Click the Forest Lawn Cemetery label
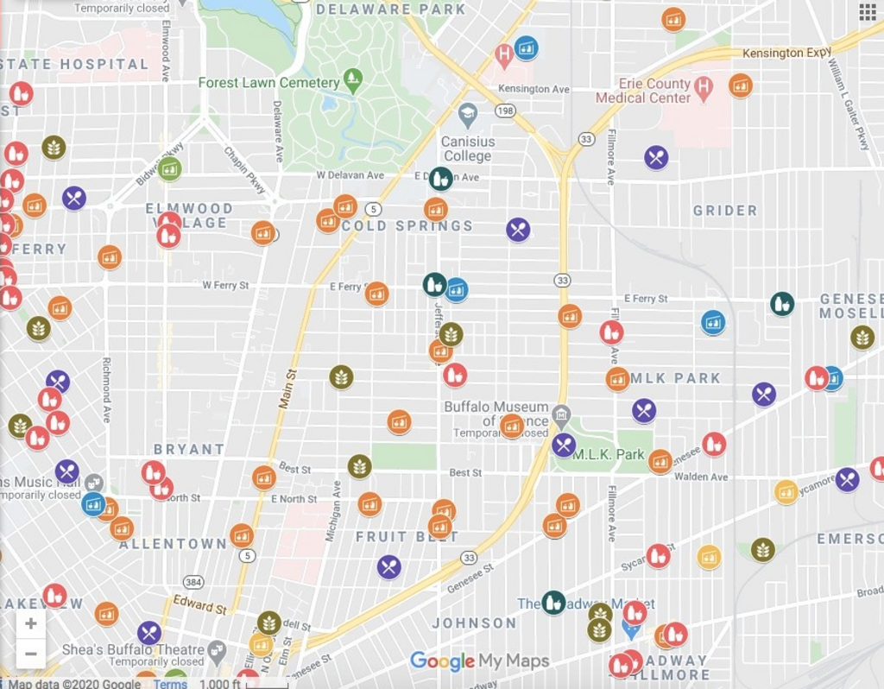pyautogui.click(x=268, y=83)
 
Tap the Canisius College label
pyautogui.click(x=467, y=149)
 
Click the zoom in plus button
pyautogui.click(x=30, y=623)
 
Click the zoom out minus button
pyautogui.click(x=30, y=653)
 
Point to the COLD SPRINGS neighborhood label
pyautogui.click(x=407, y=226)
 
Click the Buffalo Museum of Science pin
pyautogui.click(x=561, y=414)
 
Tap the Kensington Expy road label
pyautogui.click(x=786, y=54)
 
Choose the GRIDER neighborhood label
pyautogui.click(x=725, y=211)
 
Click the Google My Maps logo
pyautogui.click(x=479, y=661)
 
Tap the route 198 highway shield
pyautogui.click(x=505, y=111)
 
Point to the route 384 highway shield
pyautogui.click(x=193, y=584)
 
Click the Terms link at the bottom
pyautogui.click(x=170, y=684)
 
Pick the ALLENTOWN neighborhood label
pyautogui.click(x=173, y=545)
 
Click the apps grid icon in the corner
pyautogui.click(x=867, y=11)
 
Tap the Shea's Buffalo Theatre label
pyautogui.click(x=133, y=649)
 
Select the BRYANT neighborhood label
pyautogui.click(x=189, y=449)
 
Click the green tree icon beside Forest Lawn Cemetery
pyautogui.click(x=352, y=81)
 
